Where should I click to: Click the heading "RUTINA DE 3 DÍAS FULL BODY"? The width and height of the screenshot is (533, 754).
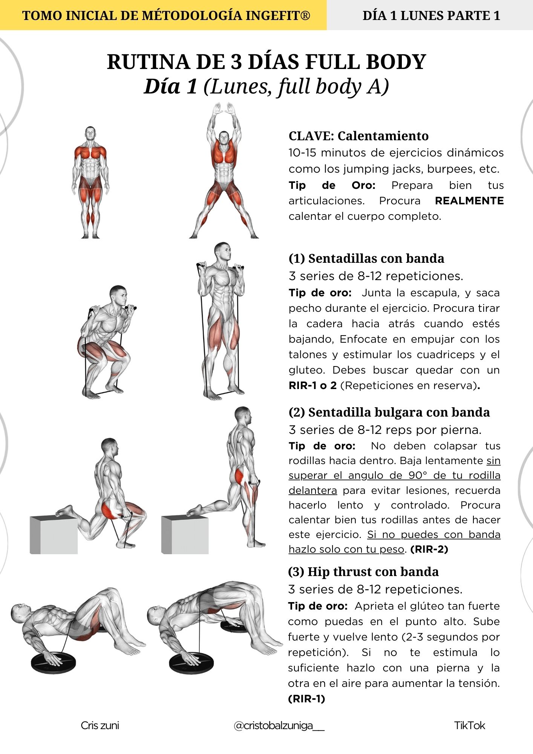click(x=266, y=62)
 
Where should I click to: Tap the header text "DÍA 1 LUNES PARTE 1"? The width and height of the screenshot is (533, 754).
click(x=431, y=15)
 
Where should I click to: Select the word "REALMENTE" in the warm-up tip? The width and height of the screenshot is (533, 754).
click(x=469, y=201)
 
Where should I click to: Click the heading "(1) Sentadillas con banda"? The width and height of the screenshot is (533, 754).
click(x=366, y=259)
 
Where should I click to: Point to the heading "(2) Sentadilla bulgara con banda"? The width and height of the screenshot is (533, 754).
click(x=389, y=412)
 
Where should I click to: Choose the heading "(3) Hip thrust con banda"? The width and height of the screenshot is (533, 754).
click(x=363, y=572)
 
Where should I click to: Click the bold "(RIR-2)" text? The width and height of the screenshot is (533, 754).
click(x=429, y=549)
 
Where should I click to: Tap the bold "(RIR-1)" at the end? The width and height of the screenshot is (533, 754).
click(x=306, y=699)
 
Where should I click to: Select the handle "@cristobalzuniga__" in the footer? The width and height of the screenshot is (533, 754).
click(x=279, y=725)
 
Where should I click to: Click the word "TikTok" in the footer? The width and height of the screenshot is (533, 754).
click(x=469, y=725)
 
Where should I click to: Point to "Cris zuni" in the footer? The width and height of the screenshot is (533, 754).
click(x=100, y=725)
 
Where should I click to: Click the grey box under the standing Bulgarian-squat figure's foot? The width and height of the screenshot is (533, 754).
click(x=185, y=534)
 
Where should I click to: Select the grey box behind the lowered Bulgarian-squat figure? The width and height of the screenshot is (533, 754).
click(x=54, y=535)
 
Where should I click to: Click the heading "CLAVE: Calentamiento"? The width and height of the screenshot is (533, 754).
click(x=358, y=136)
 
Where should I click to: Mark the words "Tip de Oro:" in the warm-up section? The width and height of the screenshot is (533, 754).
click(x=332, y=185)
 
